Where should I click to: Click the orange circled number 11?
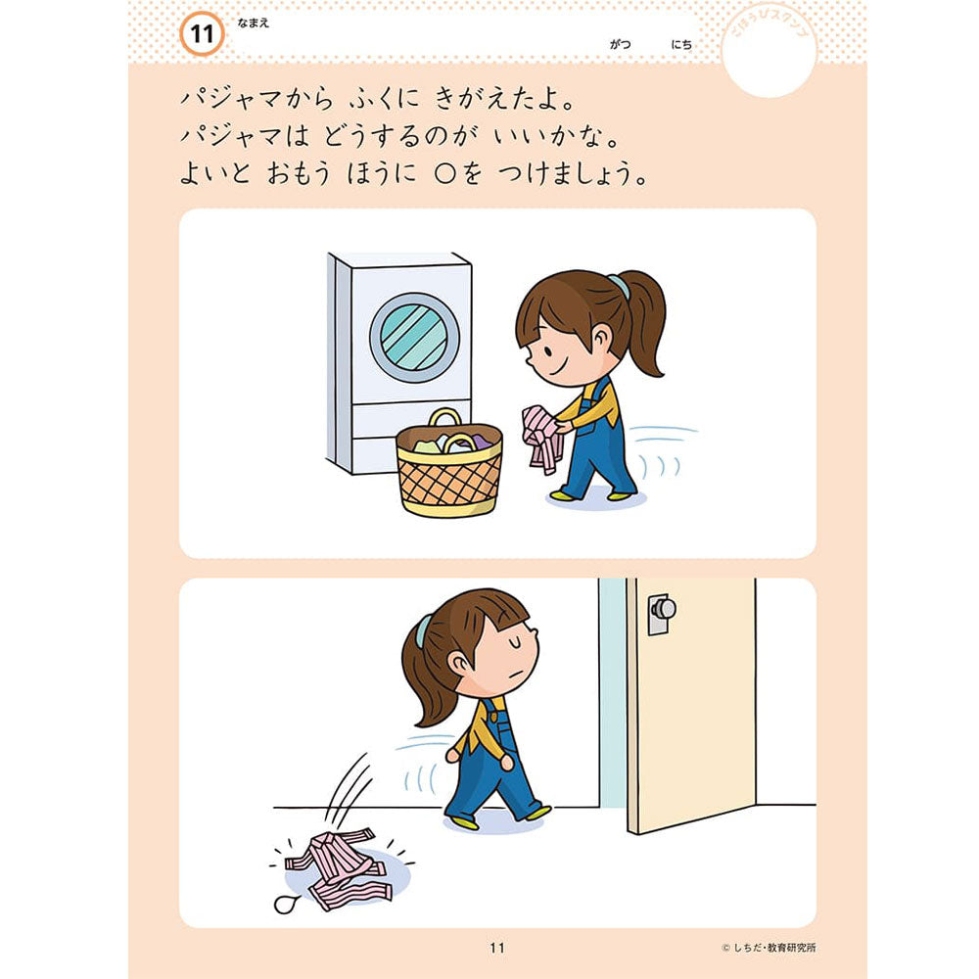tap(202, 35)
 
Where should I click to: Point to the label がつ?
tap(620, 44)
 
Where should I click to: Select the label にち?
tap(681, 44)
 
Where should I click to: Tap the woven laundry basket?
tap(449, 475)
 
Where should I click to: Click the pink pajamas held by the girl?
tap(542, 437)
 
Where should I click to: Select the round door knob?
tap(663, 609)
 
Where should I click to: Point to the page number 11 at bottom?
tap(496, 948)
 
